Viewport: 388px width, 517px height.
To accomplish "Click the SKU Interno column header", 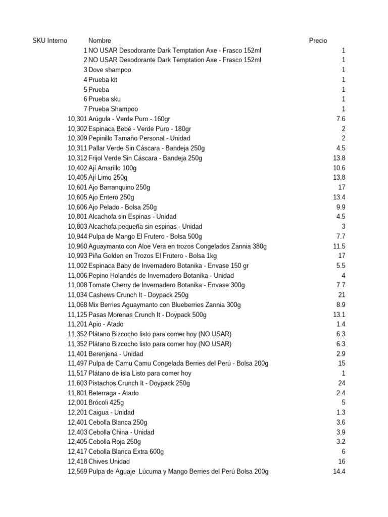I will click(x=50, y=40).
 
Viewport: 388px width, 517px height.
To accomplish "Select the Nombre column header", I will click(x=100, y=40).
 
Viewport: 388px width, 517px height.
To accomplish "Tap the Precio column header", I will click(x=318, y=40).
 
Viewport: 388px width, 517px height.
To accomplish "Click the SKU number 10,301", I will click(x=77, y=119).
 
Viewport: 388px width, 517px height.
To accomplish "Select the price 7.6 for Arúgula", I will click(x=341, y=119).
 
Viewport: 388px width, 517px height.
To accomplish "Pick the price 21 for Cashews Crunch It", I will click(x=342, y=295).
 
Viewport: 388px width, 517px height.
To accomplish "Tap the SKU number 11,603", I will click(x=77, y=383).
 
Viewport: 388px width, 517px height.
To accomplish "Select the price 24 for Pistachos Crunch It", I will click(x=342, y=383).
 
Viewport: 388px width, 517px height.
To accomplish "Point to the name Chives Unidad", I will click(x=109, y=461).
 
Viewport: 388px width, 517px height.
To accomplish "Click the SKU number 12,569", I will click(x=77, y=472).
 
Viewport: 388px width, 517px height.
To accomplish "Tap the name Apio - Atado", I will click(x=106, y=324).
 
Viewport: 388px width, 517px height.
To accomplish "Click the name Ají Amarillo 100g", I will click(x=112, y=168).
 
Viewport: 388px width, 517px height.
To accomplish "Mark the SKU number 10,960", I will click(x=77, y=246).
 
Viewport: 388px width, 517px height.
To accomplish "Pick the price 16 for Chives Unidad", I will click(x=342, y=461).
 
